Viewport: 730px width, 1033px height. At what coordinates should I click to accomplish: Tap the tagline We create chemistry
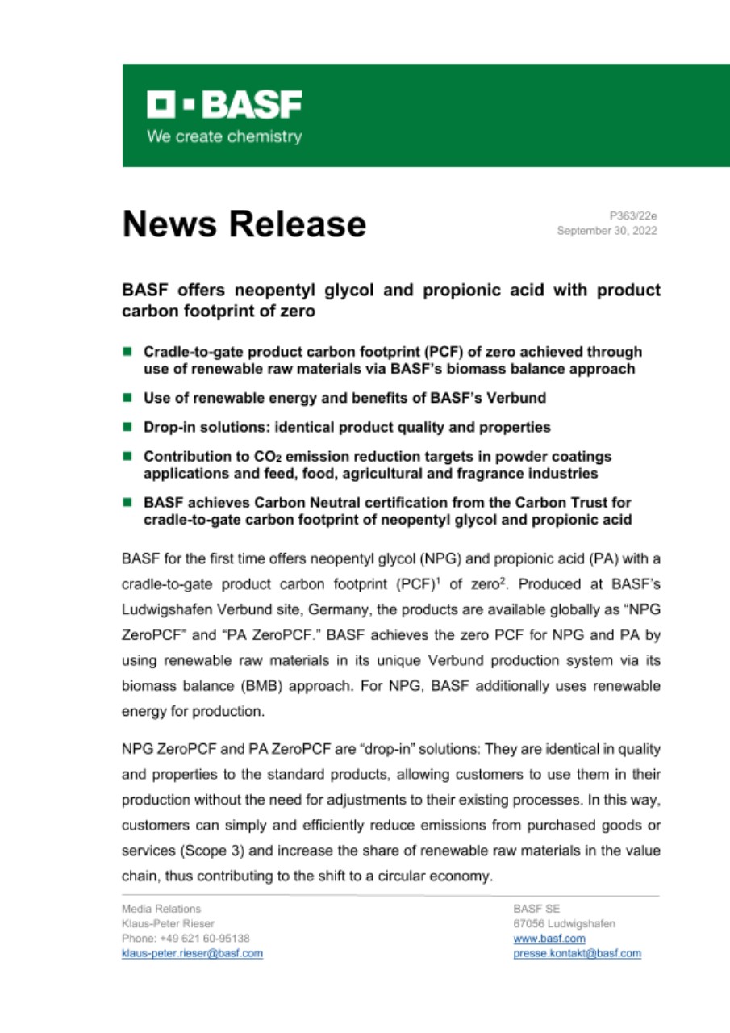[x=223, y=136]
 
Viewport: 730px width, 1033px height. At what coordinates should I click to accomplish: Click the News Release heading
[x=243, y=224]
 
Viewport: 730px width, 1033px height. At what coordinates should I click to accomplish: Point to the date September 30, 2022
[x=607, y=230]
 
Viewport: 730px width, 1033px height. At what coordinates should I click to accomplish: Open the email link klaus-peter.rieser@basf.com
[x=191, y=953]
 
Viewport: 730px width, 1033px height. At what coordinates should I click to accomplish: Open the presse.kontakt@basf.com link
[x=577, y=953]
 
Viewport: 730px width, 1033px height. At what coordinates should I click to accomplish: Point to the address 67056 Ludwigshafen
[x=564, y=924]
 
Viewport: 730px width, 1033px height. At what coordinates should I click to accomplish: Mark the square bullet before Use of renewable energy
[x=127, y=398]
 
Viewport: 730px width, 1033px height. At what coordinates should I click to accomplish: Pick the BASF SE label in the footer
[x=531, y=910]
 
